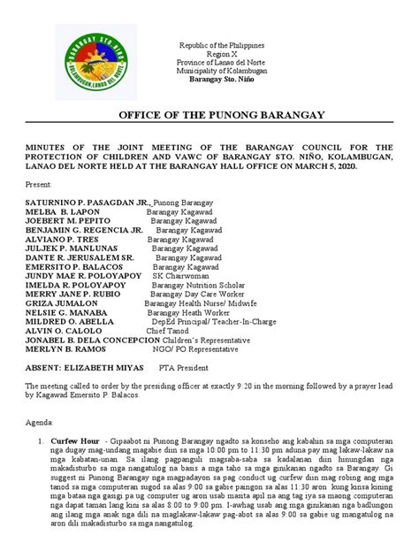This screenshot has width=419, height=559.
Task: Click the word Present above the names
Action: [x=40, y=187]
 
